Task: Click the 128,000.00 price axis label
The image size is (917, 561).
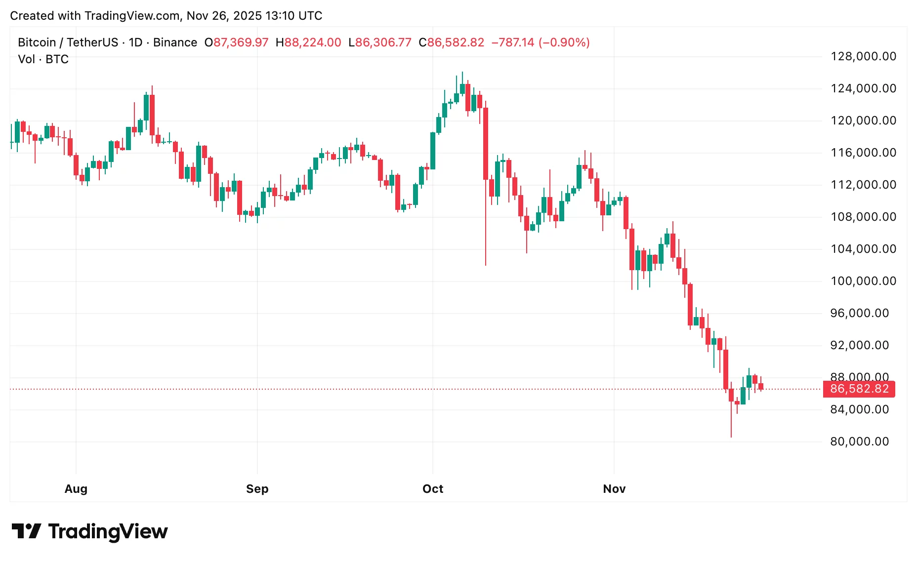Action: tap(863, 56)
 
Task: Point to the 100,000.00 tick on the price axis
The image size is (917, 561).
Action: tap(863, 281)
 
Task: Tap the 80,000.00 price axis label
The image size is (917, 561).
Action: tap(859, 441)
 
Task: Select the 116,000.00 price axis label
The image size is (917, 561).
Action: tap(863, 153)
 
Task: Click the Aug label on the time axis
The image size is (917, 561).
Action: tap(76, 489)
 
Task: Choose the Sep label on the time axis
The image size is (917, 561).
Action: tap(257, 489)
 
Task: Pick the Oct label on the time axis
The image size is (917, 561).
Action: tap(433, 489)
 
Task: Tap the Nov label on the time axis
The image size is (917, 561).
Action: tap(614, 489)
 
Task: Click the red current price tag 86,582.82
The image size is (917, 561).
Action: tap(859, 389)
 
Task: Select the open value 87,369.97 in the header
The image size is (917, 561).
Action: tap(241, 42)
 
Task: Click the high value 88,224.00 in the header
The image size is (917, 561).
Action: tap(312, 42)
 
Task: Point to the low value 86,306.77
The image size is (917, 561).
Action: tap(383, 42)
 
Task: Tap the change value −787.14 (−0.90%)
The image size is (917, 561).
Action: tap(540, 42)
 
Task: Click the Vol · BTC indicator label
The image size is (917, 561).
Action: tap(43, 59)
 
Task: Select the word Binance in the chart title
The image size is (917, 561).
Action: tap(175, 42)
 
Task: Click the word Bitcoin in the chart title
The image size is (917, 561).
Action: tap(37, 42)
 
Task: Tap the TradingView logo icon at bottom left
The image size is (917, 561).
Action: tap(26, 531)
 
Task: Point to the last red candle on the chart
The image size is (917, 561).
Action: tap(761, 386)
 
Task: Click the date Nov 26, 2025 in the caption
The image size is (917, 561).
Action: tap(224, 16)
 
